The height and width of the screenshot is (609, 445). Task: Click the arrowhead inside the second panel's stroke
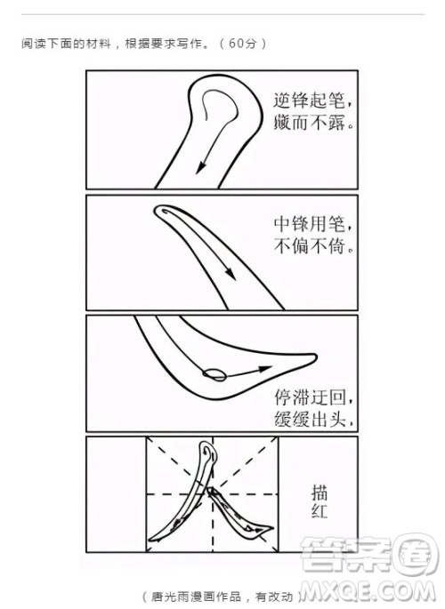tap(230, 275)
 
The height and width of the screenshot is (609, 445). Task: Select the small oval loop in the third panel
tap(214, 373)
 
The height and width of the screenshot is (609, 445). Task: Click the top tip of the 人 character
tap(210, 450)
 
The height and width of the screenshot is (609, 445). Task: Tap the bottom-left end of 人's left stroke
tap(154, 538)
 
